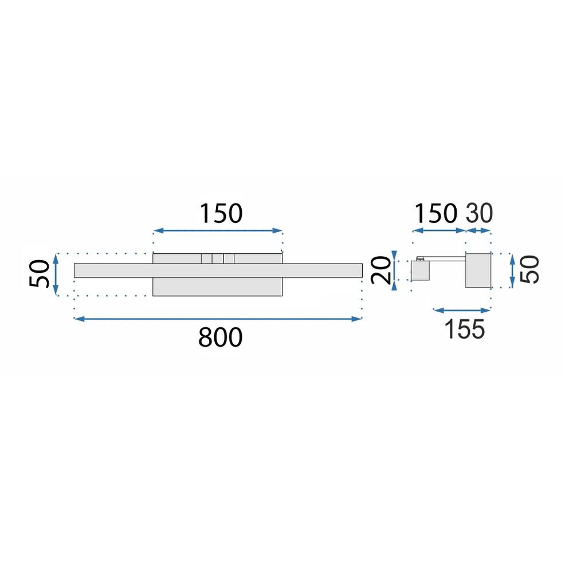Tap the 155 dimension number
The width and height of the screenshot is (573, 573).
point(464,329)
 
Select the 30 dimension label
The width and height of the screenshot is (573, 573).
point(479,213)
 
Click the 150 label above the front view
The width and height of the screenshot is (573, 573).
point(221,214)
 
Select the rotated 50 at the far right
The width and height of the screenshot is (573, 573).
point(530,270)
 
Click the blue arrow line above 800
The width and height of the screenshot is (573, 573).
point(218,319)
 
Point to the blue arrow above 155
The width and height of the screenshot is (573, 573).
point(462,311)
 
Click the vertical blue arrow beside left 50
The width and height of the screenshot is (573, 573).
point(56,274)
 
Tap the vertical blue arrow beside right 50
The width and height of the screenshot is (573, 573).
point(512,270)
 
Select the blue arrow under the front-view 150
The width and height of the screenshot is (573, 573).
point(218,231)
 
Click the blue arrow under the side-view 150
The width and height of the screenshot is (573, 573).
point(439,231)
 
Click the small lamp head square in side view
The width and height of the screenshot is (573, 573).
point(420,271)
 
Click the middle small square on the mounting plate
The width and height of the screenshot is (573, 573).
point(217,258)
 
